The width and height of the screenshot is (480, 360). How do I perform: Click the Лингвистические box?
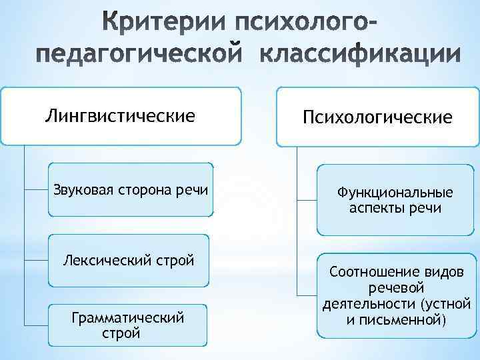(120, 117)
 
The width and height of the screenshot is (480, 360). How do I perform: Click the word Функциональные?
(395, 193)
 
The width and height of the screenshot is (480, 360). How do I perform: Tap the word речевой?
(396, 289)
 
